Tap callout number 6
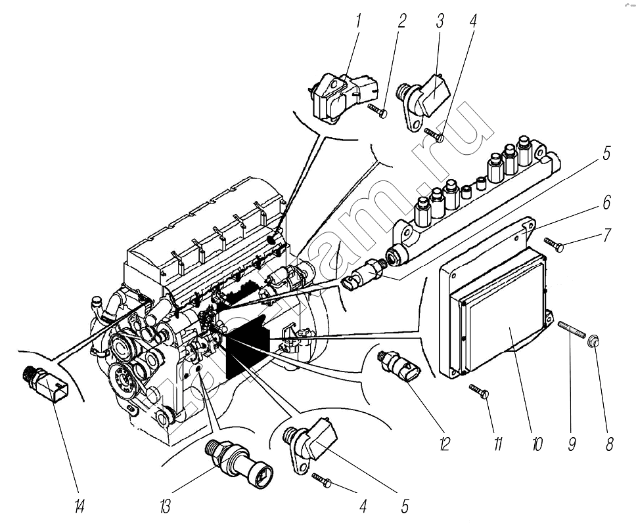coord(606,201)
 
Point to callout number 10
coord(536,444)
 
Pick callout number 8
coord(609,444)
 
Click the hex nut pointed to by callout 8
coord(592,340)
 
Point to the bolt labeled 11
coord(479,392)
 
